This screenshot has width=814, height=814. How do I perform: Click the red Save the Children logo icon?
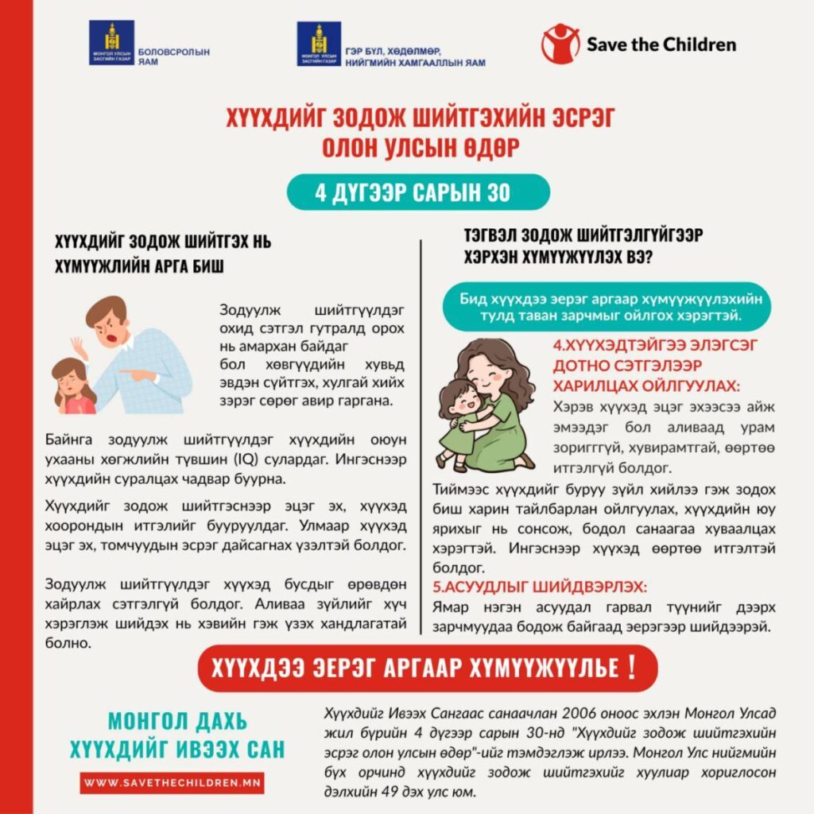(560, 43)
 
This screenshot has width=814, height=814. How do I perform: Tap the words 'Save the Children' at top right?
(661, 43)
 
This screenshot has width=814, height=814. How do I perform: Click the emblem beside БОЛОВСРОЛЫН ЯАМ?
(111, 44)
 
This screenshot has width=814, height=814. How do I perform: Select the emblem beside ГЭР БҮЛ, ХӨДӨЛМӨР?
(319, 44)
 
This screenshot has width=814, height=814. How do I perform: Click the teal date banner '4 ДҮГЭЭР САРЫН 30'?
(407, 192)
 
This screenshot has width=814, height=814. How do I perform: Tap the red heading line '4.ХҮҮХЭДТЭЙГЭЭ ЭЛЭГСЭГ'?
(655, 347)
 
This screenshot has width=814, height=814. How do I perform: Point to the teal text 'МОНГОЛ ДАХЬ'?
(177, 722)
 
